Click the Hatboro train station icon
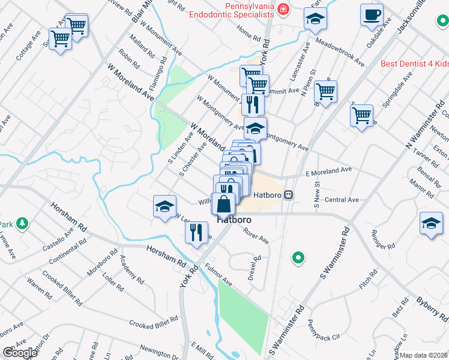[x=289, y=194]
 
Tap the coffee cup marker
[x=372, y=14]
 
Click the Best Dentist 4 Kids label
[x=415, y=63]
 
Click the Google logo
[x=19, y=352]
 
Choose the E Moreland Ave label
[x=328, y=170]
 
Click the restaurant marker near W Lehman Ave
[x=196, y=232]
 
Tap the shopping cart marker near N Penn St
[x=325, y=92]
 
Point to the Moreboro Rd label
[x=99, y=266]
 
